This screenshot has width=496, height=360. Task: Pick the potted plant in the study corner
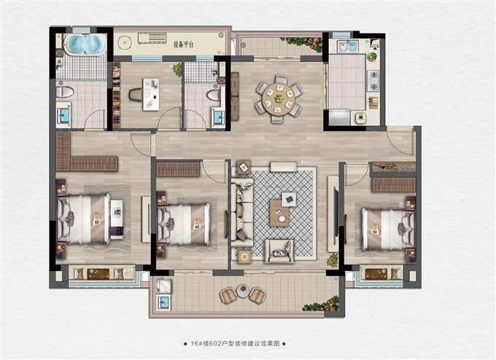[x=177, y=70]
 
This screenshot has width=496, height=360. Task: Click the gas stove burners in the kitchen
[x=373, y=79]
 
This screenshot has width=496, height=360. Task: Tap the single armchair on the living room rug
[x=279, y=250]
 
